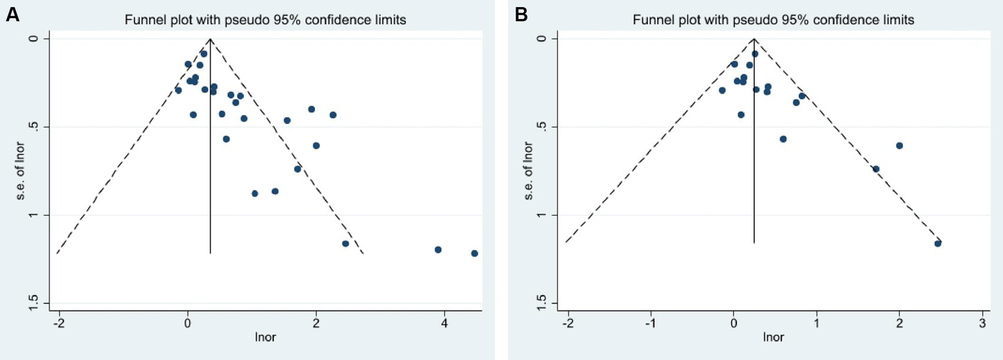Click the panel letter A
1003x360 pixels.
(12, 14)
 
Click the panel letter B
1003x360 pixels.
(521, 14)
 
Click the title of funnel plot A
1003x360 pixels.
(265, 20)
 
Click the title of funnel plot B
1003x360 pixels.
(774, 20)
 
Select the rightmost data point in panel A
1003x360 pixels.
(474, 254)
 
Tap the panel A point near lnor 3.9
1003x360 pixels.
(438, 250)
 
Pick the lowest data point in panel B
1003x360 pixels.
(938, 244)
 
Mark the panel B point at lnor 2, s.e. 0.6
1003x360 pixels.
(899, 146)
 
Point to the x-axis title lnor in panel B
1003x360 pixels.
(774, 338)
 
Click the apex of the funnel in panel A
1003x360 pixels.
(210, 39)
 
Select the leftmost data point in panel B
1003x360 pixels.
(722, 90)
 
